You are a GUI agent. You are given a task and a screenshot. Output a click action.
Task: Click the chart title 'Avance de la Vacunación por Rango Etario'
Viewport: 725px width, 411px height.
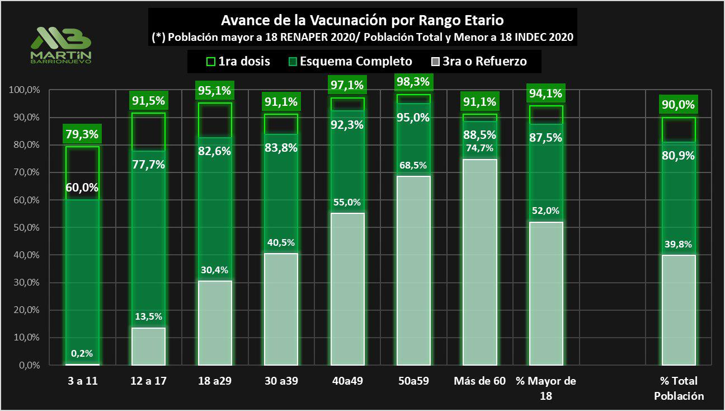tap(362, 21)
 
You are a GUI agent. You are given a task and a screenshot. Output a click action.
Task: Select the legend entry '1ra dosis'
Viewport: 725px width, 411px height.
tap(238, 61)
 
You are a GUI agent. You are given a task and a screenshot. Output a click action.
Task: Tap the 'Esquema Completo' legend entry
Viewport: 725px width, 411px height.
tap(349, 61)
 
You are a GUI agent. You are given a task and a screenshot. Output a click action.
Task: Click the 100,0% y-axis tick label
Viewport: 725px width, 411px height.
tap(23, 90)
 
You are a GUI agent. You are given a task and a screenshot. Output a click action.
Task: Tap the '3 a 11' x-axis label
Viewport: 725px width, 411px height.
tap(83, 381)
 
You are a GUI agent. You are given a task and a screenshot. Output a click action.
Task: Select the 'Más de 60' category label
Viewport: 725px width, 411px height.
tap(479, 381)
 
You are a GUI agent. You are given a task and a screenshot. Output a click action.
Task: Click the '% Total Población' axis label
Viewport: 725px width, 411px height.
tap(679, 388)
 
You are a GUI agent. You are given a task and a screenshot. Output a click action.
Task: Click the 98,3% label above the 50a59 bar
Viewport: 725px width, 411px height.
tap(413, 82)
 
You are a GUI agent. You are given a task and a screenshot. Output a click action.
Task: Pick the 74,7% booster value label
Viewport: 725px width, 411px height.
tap(479, 148)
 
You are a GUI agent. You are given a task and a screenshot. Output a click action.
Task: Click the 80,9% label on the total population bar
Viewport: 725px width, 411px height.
tap(679, 156)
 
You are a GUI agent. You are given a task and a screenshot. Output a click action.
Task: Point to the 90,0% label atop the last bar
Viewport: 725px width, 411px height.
tap(679, 105)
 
